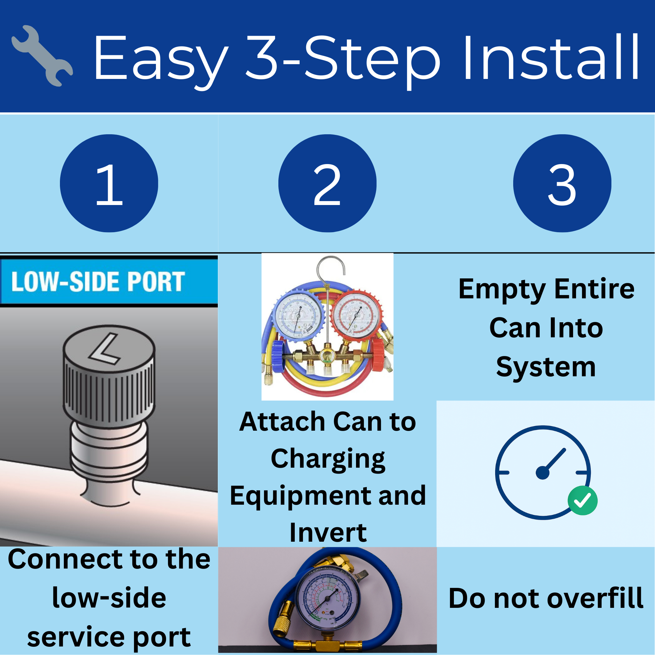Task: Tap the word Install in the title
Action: pyautogui.click(x=551, y=58)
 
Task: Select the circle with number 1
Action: pyautogui.click(x=109, y=183)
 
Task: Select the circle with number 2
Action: pyautogui.click(x=327, y=183)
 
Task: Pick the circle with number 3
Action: pyautogui.click(x=562, y=183)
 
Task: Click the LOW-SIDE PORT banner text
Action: pyautogui.click(x=98, y=281)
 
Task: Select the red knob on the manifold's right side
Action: pyautogui.click(x=378, y=355)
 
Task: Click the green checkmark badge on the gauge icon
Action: pyautogui.click(x=582, y=500)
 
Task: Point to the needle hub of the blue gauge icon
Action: pyautogui.click(x=542, y=473)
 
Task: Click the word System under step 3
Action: pyautogui.click(x=546, y=367)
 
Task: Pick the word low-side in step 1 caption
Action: pyautogui.click(x=109, y=598)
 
